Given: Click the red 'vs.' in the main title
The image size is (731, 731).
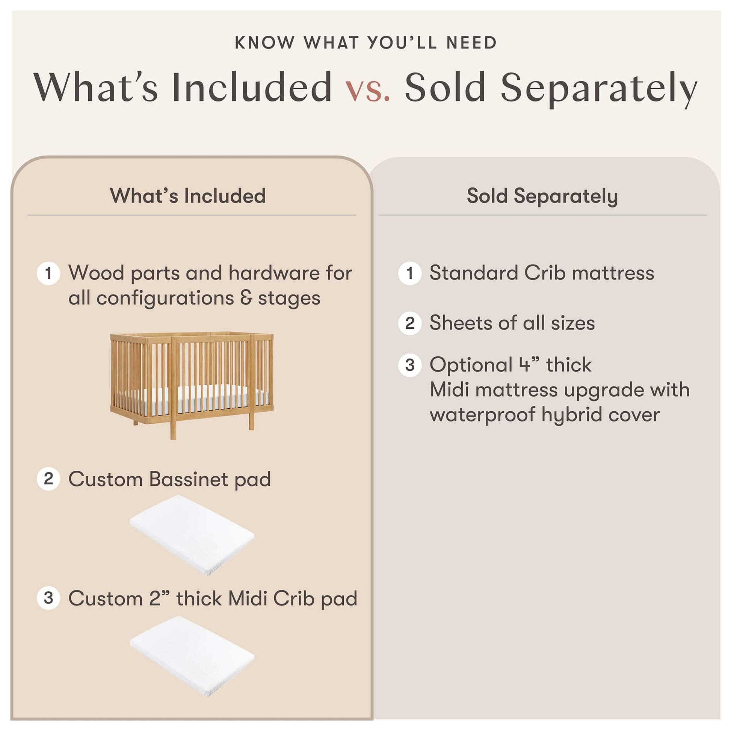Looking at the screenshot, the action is point(367,88).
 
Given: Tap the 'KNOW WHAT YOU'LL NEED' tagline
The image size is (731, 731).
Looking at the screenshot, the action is point(365,43).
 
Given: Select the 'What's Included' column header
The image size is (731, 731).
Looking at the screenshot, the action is point(188,196).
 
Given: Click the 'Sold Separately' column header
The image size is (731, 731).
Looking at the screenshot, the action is point(542,196).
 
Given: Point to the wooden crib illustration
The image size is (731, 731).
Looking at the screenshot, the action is point(192,385).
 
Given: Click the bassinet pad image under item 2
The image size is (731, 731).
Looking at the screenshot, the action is point(192,535).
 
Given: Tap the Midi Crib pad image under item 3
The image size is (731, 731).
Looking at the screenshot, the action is point(192,656).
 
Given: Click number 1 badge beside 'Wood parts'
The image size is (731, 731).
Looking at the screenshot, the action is point(48,273).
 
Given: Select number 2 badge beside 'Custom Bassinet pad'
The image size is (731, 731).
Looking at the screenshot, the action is point(48,479).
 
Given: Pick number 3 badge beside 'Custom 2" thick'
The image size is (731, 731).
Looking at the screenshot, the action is point(48,598).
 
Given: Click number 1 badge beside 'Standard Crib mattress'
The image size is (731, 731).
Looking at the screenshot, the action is point(410,273).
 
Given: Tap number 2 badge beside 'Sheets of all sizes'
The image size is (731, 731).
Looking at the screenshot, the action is point(410,323).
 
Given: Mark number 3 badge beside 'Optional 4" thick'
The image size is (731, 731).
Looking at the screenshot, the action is point(410,365).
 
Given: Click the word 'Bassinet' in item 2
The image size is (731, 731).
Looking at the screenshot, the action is point(189,479).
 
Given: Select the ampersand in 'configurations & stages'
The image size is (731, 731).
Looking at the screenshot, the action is point(246,298).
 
